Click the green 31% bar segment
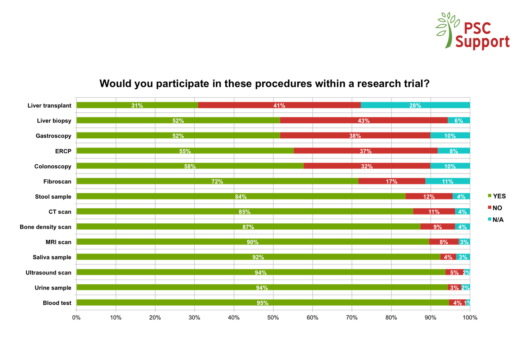137,106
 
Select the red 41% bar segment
279,106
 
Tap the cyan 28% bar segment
415,106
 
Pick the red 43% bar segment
364,121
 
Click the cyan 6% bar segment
458,121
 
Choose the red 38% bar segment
355,136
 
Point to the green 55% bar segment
185,151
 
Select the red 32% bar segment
367,166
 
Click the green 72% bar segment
217,181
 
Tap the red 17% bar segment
391,181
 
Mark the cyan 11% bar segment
448,181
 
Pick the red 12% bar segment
429,196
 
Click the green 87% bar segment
248,227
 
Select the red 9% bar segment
438,227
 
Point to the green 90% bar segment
253,242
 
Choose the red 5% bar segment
454,272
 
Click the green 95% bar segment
263,303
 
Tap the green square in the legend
490,195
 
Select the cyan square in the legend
490,219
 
